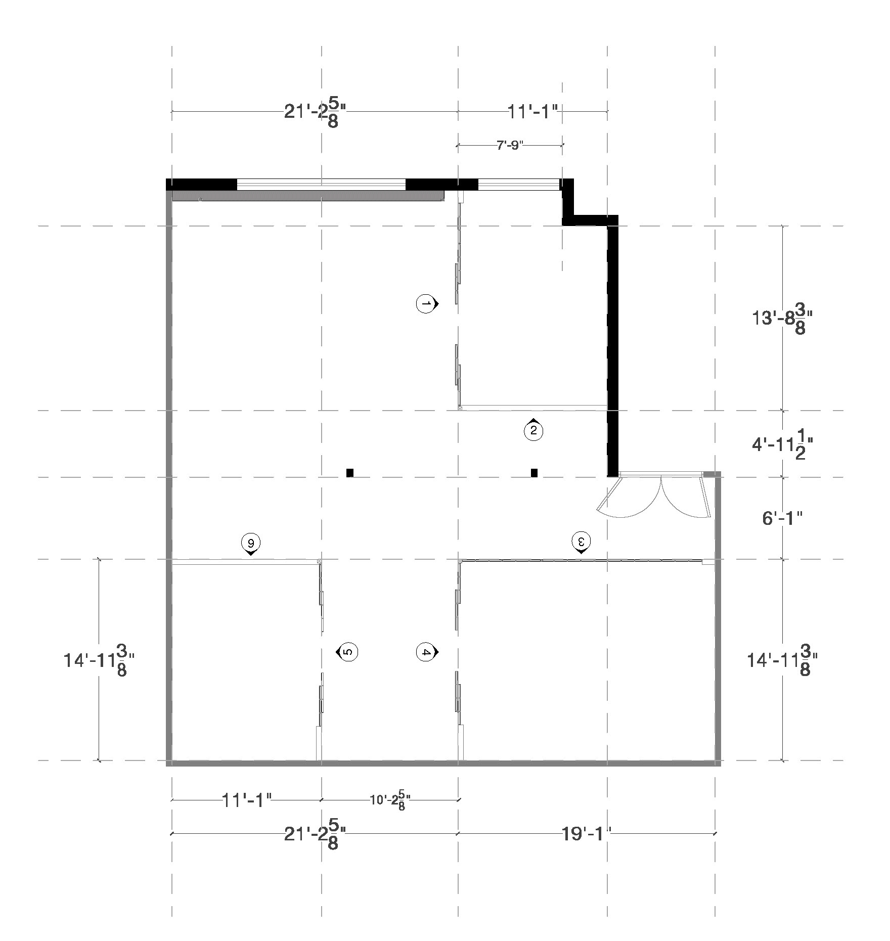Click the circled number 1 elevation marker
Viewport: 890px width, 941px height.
(426, 304)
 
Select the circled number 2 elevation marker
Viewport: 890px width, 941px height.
(533, 431)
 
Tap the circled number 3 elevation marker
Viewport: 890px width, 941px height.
(582, 541)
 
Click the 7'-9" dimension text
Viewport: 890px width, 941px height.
(509, 146)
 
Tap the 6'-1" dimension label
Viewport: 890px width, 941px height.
(782, 518)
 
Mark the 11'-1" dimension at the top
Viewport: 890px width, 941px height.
(532, 111)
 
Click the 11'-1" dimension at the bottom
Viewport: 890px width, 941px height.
(247, 800)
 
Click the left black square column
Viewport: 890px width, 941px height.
(350, 473)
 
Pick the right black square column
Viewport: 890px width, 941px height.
(534, 473)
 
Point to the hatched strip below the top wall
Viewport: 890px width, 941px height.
(307, 196)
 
